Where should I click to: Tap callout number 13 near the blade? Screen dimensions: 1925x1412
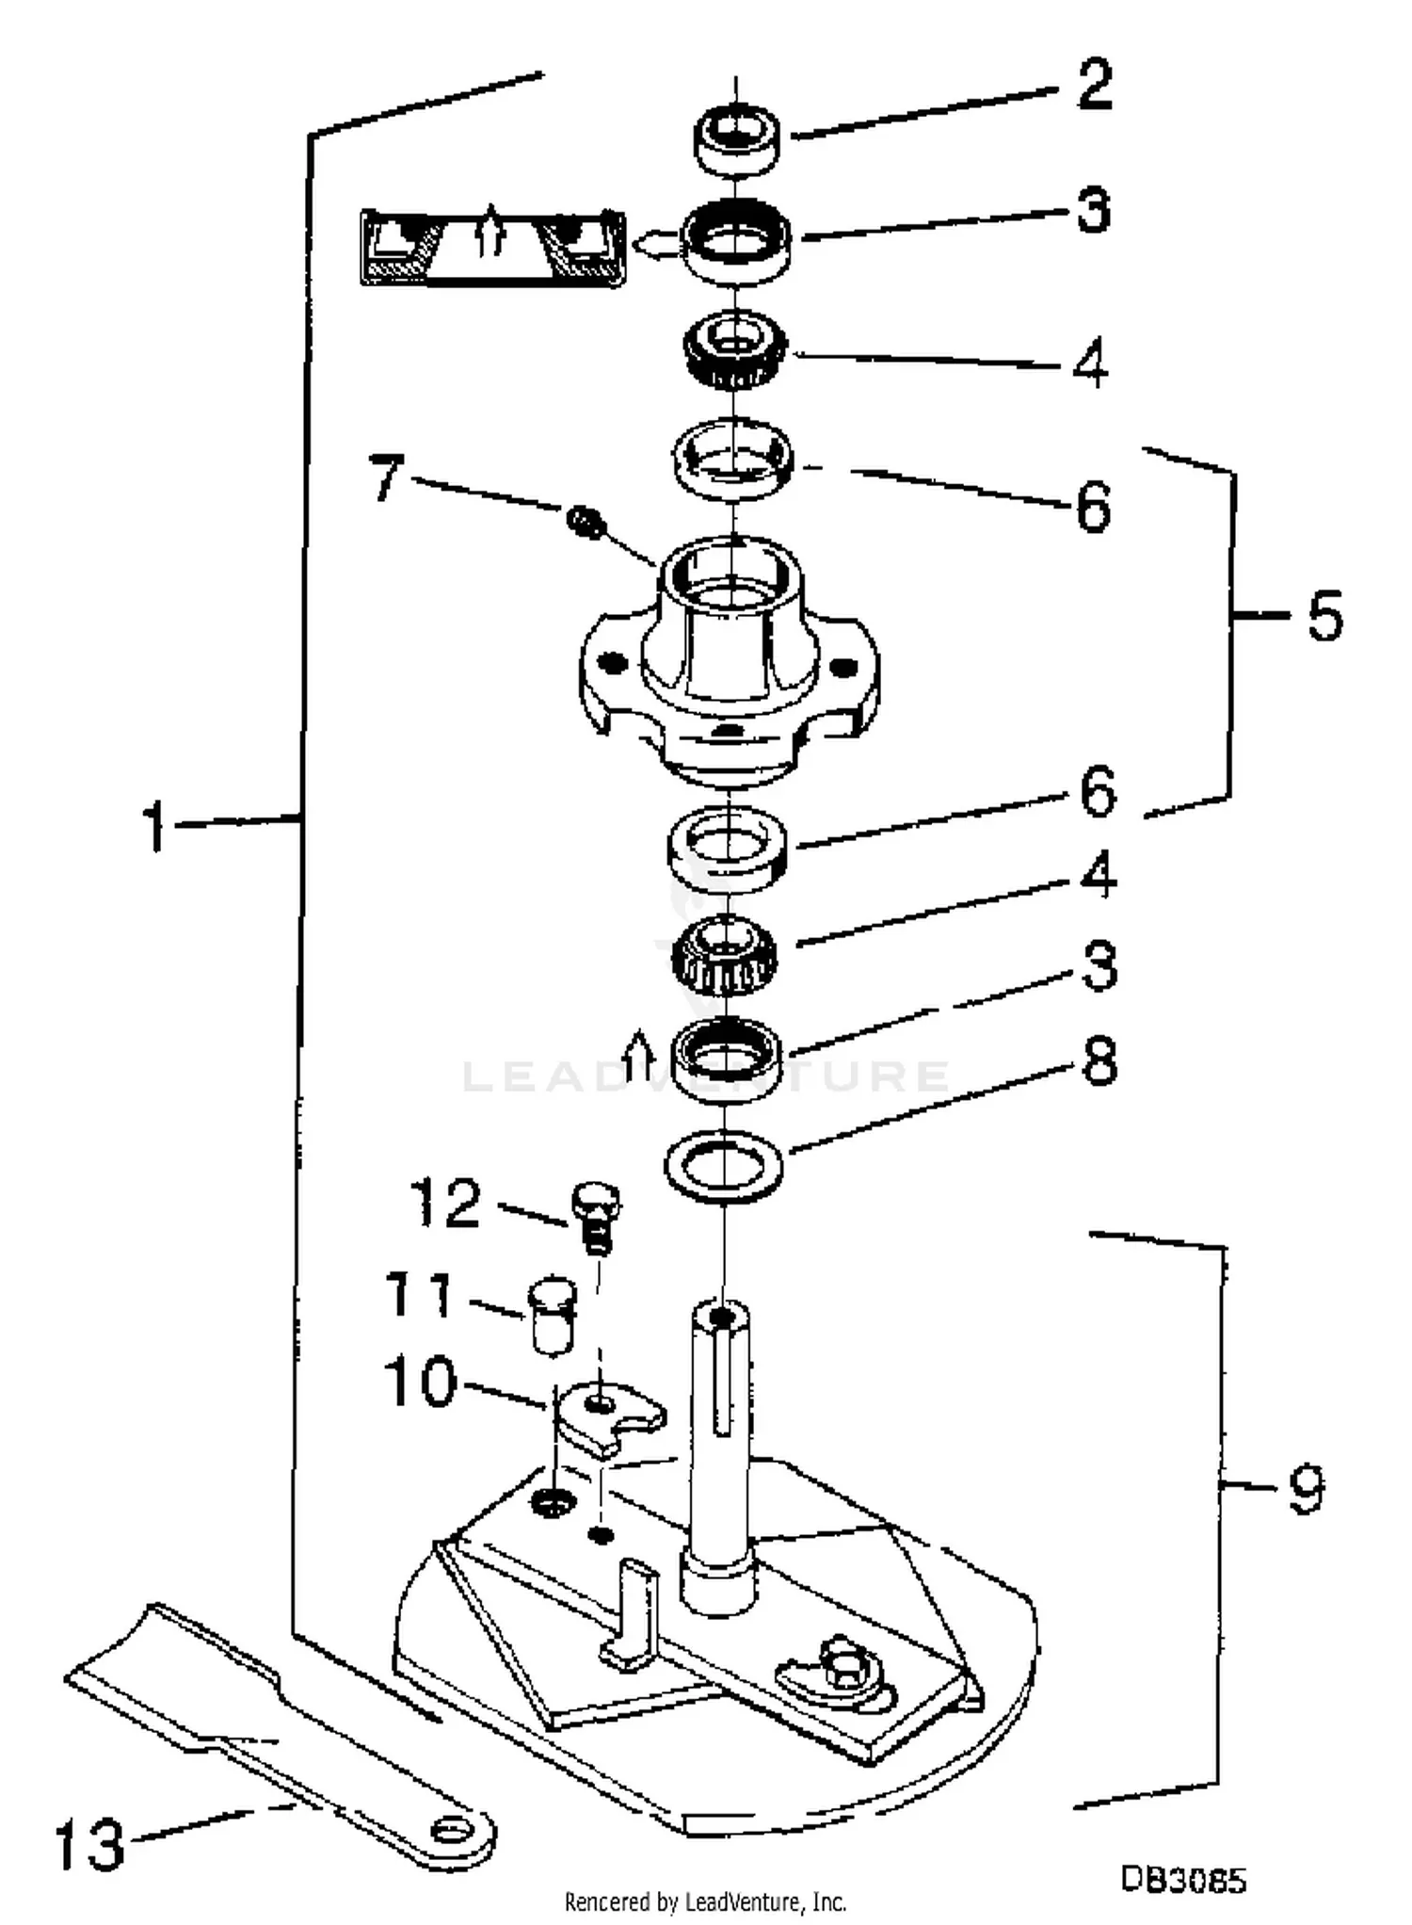click(x=89, y=1843)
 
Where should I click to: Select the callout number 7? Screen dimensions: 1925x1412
click(x=386, y=477)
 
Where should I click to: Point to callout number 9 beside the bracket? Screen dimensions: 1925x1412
click(x=1307, y=1489)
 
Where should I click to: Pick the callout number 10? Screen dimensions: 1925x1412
click(x=420, y=1383)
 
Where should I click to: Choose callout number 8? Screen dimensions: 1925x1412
click(x=1099, y=1061)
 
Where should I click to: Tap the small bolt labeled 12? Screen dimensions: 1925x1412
click(x=596, y=1216)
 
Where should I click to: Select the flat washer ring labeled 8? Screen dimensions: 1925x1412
click(x=724, y=1168)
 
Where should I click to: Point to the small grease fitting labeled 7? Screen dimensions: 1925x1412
click(x=586, y=520)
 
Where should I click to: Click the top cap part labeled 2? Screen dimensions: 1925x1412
click(x=737, y=141)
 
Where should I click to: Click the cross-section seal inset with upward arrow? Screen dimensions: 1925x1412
click(x=492, y=247)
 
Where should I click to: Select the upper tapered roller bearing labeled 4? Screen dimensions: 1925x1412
click(x=735, y=350)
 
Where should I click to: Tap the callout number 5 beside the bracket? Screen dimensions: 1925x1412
click(x=1324, y=617)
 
